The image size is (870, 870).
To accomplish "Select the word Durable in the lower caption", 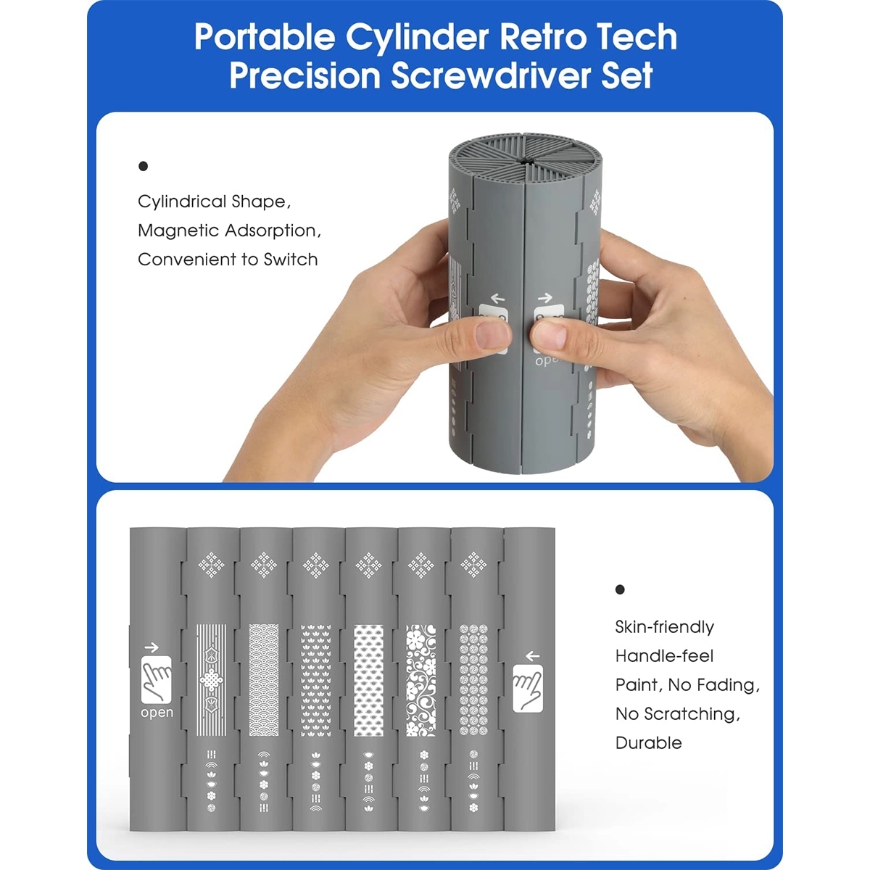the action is (648, 742).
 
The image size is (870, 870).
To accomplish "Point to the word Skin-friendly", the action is (665, 627).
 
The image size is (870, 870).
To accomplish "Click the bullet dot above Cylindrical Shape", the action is (143, 167).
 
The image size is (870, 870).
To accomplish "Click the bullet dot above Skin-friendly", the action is (620, 589).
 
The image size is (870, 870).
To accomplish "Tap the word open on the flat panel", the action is (157, 713).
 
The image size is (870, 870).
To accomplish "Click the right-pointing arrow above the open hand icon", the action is (152, 647).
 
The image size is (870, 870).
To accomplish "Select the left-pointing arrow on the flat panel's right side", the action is (533, 656).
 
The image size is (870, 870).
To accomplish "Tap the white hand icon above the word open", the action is (156, 680).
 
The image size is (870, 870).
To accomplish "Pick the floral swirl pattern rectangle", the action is (420, 680).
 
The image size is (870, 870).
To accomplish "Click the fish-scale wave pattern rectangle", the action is (264, 680).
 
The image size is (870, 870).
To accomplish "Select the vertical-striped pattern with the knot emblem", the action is (212, 680).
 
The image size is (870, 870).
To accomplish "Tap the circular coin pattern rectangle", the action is (473, 680).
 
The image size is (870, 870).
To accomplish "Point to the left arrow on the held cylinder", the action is (497, 298).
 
